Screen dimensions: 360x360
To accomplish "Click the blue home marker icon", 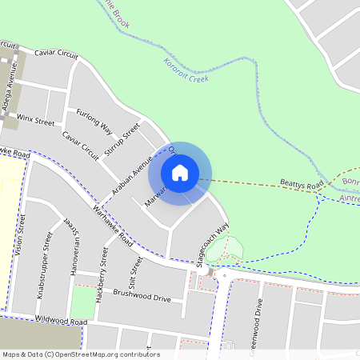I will pos(180,172).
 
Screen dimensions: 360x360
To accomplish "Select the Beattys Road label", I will pos(302,185).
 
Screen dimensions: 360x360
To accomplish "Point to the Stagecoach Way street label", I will pos(218,238).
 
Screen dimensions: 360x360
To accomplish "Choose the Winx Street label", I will pos(35,120).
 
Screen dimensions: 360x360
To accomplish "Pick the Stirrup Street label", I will pos(127,137).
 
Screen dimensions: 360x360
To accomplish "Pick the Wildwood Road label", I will pos(61,320).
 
